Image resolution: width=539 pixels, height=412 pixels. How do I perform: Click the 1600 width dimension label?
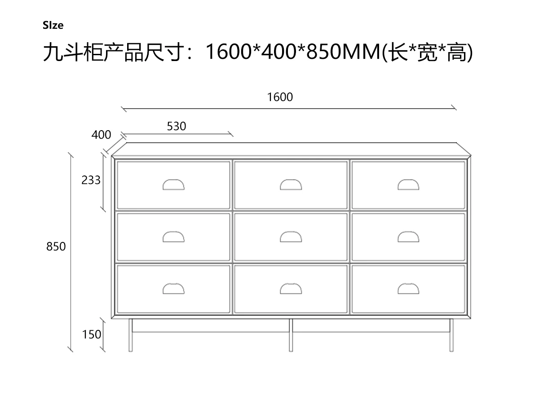(280, 97)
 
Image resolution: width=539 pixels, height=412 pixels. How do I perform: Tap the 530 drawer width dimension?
(177, 127)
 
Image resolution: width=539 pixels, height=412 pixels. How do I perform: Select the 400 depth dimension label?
(101, 134)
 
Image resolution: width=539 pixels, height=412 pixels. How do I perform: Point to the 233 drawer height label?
(91, 180)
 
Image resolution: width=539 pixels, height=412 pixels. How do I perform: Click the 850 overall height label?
(56, 246)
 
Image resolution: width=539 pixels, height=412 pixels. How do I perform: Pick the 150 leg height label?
(92, 334)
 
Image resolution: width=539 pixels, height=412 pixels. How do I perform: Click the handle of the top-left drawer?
(173, 184)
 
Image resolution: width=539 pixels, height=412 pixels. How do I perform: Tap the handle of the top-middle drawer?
(291, 184)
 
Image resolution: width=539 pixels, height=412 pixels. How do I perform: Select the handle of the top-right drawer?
(408, 184)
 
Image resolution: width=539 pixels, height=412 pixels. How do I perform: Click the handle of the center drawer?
(291, 237)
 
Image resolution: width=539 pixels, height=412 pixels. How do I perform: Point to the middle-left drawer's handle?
(173, 237)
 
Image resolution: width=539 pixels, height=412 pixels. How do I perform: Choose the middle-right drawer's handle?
(408, 237)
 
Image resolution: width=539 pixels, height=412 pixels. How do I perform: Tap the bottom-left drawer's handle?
(173, 289)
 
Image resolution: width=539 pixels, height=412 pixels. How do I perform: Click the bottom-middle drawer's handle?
(291, 289)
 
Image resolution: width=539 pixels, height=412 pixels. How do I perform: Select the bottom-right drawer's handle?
(408, 289)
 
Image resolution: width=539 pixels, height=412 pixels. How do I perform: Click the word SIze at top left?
(53, 26)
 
